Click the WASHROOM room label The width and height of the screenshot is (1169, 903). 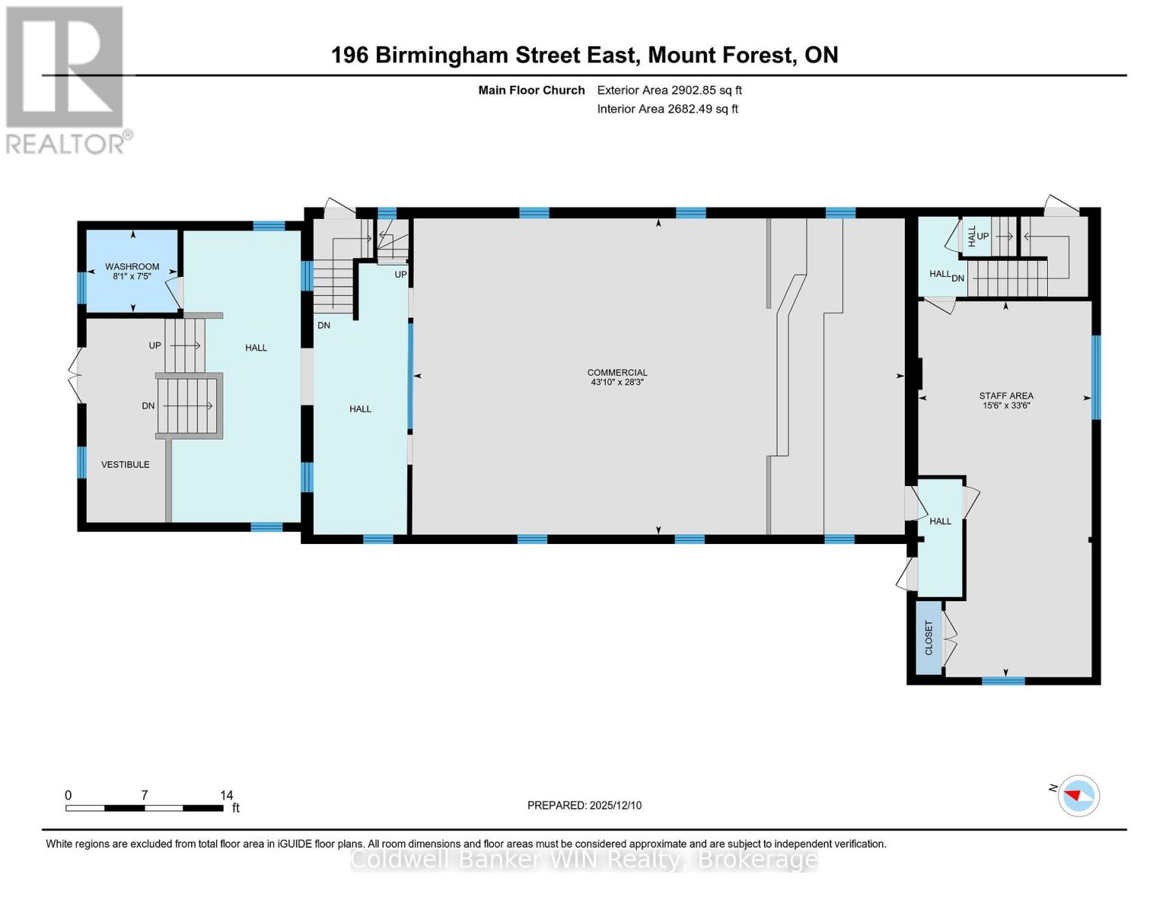132,266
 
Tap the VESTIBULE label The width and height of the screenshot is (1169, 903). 126,464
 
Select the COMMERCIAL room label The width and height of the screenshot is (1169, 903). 617,372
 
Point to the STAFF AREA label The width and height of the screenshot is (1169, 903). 1006,396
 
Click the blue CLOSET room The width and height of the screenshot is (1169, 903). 929,637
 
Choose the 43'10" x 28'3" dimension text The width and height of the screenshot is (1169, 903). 617,382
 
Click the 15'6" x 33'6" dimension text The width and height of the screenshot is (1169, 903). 1006,406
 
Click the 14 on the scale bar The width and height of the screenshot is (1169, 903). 226,795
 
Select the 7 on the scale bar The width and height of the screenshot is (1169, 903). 144,795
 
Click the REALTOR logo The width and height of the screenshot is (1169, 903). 66,79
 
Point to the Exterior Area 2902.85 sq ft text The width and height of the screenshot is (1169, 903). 669,90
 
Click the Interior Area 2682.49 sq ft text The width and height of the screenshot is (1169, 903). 667,109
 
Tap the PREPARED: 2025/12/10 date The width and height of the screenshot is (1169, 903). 584,805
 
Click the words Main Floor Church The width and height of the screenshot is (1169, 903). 531,90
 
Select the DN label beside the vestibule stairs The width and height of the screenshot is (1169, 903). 148,406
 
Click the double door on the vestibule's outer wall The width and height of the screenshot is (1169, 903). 76,374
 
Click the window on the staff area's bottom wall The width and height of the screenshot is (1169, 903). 1003,681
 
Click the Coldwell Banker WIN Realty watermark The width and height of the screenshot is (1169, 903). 584,859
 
